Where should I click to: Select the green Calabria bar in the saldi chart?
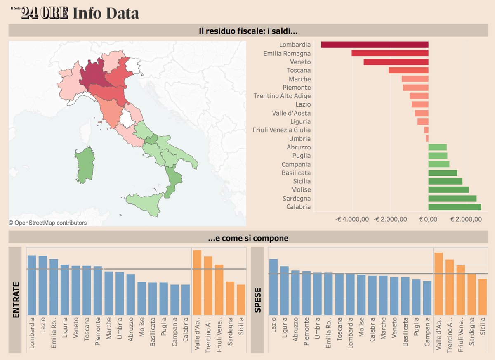(455, 207)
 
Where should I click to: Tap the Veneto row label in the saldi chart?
(300, 62)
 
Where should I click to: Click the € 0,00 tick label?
(429, 220)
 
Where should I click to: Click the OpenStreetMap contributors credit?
(48, 223)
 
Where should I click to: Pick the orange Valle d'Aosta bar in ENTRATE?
(197, 282)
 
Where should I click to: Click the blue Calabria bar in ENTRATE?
(186, 300)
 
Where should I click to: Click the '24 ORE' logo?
(45, 14)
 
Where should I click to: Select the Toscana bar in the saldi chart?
(408, 71)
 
